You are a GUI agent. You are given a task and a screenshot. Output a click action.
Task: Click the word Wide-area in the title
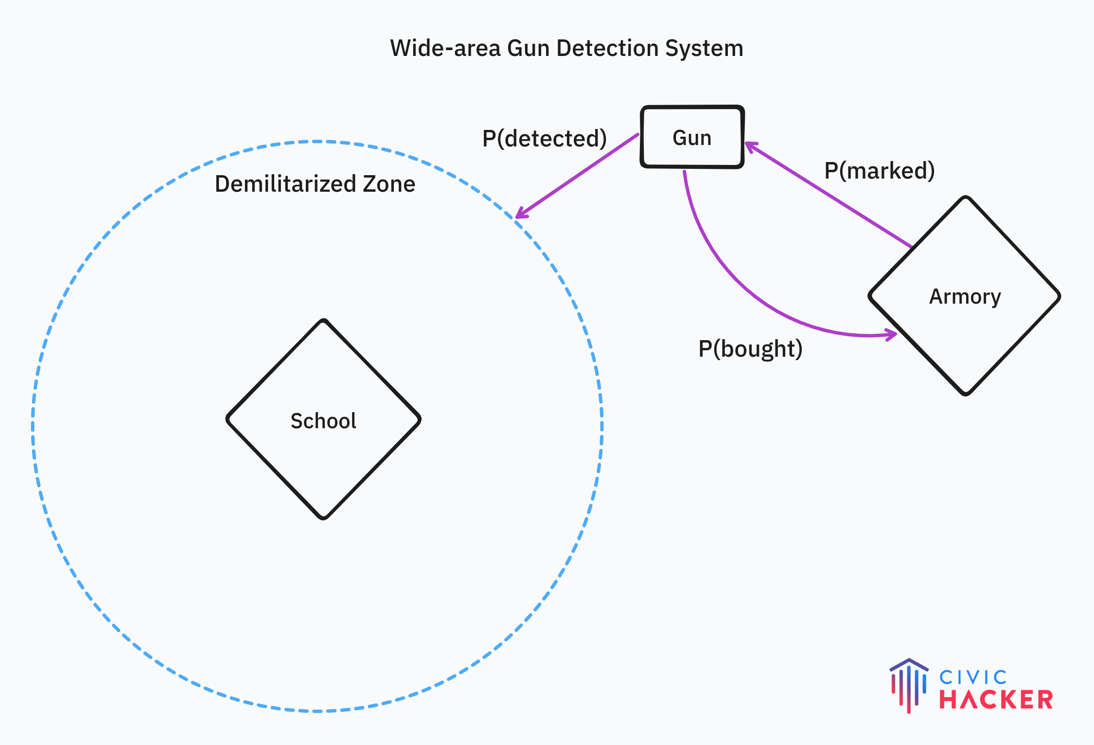point(445,49)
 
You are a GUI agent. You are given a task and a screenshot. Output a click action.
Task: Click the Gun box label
point(692,138)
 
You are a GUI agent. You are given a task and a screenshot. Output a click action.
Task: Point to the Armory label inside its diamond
point(965,297)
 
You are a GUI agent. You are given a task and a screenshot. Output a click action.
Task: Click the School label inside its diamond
point(323,421)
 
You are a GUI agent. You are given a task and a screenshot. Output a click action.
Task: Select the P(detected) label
point(544,139)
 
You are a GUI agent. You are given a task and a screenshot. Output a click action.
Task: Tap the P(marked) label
point(879,171)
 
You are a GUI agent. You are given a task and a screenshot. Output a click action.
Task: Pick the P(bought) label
point(750,349)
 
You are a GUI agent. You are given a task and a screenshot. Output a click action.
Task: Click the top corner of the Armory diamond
point(966,198)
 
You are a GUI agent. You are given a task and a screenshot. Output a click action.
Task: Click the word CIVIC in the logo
point(973,677)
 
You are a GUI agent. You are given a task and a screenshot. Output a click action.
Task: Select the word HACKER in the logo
point(996,700)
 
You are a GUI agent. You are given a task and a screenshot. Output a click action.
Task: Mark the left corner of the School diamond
point(228,419)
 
